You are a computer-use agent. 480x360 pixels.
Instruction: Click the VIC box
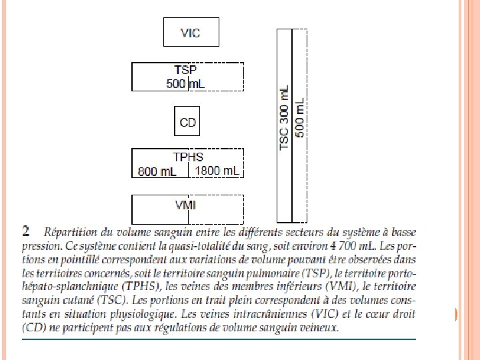tap(191, 32)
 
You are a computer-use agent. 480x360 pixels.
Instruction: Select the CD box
tap(187, 122)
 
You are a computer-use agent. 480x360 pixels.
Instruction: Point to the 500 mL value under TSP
tap(186, 83)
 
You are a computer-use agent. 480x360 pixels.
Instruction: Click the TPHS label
tap(188, 157)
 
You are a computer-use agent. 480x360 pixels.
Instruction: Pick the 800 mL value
tap(157, 171)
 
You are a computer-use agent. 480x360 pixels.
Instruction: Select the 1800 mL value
tap(217, 171)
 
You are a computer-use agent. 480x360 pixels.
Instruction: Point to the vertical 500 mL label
tap(300, 118)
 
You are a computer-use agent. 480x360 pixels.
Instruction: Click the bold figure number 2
tap(26, 231)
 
